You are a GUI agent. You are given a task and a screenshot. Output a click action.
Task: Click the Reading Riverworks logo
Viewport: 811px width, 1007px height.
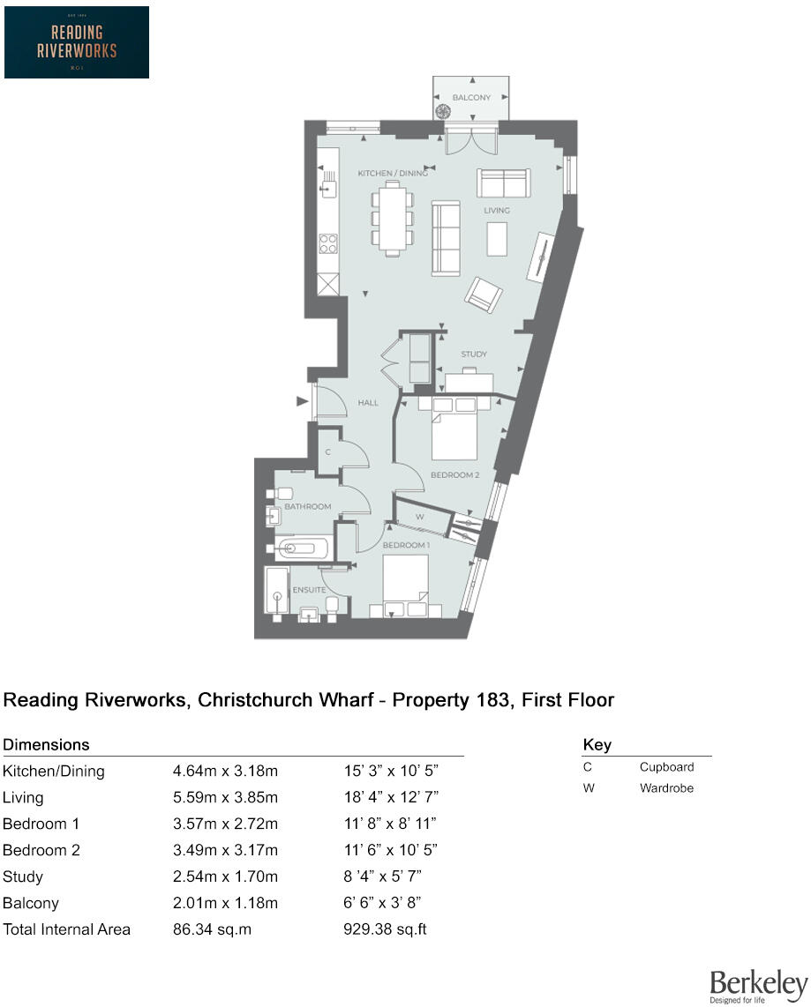coord(77,42)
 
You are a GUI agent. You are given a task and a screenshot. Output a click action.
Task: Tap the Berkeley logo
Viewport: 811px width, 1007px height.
coord(758,986)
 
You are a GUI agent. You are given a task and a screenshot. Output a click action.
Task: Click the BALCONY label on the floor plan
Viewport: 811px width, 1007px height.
coord(471,98)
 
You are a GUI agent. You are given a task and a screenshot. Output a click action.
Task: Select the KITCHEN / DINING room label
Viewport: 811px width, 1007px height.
coord(392,174)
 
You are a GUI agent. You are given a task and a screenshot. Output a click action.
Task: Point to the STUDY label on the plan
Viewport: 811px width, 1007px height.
coord(474,354)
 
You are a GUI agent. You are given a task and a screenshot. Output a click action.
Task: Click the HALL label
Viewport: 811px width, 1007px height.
coord(368,403)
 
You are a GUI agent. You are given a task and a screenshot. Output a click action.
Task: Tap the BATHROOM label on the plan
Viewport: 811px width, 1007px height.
coord(307,506)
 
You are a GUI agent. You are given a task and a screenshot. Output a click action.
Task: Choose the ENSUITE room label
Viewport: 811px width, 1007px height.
coord(310,589)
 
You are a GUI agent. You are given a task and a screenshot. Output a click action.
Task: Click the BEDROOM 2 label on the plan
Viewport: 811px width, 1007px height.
coord(454,475)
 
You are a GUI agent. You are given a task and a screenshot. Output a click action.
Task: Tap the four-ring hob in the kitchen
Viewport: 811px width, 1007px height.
coord(328,242)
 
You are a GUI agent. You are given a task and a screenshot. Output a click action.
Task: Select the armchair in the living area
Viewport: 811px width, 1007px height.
coord(484,295)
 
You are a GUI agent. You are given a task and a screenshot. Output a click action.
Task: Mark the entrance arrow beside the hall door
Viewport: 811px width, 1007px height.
coord(303,402)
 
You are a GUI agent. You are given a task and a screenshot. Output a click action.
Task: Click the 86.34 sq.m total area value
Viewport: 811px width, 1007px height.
coord(209,929)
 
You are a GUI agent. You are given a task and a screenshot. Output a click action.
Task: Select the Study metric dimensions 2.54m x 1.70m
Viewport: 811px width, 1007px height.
coord(225,876)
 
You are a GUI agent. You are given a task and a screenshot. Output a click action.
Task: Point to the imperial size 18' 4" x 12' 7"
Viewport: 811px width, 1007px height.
coord(391,797)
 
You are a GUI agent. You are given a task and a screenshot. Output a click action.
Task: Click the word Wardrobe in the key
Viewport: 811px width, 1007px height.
coord(666,788)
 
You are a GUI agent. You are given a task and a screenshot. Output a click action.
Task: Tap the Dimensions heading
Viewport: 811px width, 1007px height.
coord(46,745)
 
